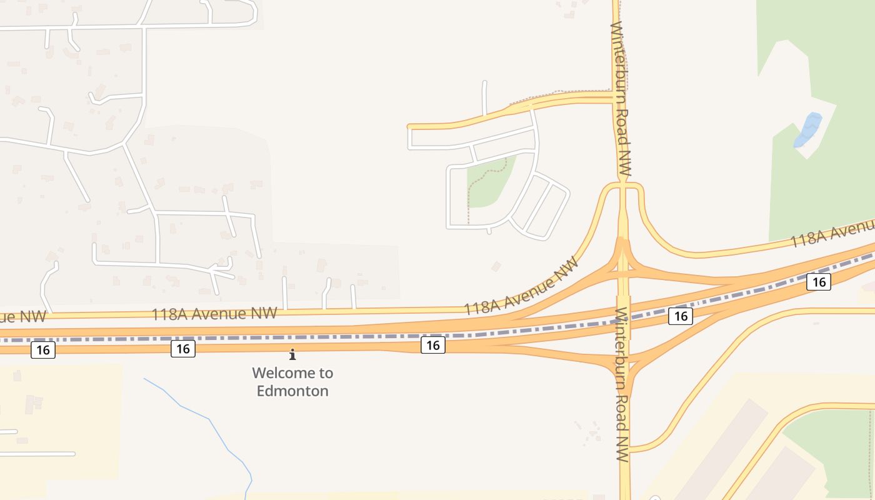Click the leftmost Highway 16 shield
pos(43,350)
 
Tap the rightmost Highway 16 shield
pos(818,282)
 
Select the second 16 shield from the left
pos(183,348)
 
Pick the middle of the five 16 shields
pos(432,344)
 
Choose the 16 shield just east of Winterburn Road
pos(681,316)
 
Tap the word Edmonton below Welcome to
pos(292,391)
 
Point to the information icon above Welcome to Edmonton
pos(292,355)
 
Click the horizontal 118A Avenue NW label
pos(214,313)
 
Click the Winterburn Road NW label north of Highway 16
pos(622,100)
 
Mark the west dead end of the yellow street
pos(410,127)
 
